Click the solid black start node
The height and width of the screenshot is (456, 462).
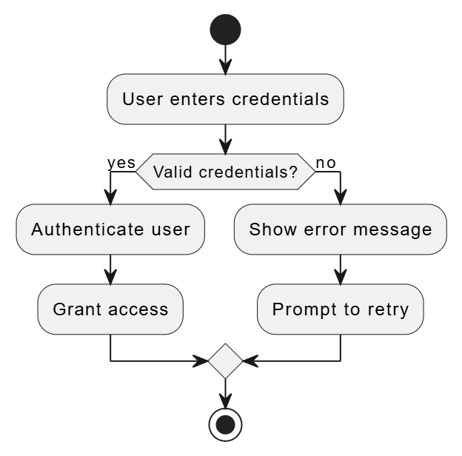[x=225, y=30]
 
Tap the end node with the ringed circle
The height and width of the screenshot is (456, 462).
[x=225, y=424]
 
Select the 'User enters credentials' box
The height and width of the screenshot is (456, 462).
[x=225, y=98]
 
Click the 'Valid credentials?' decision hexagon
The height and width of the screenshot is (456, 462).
[x=225, y=172]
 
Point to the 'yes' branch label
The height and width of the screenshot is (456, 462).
[x=121, y=162]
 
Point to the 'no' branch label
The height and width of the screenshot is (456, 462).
[x=326, y=162]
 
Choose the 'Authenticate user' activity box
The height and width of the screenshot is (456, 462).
[x=110, y=229]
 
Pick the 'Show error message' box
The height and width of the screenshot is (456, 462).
[x=340, y=229]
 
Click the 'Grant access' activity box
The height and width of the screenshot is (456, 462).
[x=110, y=309]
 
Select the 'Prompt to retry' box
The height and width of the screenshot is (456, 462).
[x=340, y=309]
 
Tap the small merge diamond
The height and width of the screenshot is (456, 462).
[x=225, y=361]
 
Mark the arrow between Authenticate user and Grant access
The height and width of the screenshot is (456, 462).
[x=110, y=269]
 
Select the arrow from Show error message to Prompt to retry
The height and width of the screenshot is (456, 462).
[x=340, y=269]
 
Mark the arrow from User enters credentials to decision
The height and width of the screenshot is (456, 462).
[x=225, y=138]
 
